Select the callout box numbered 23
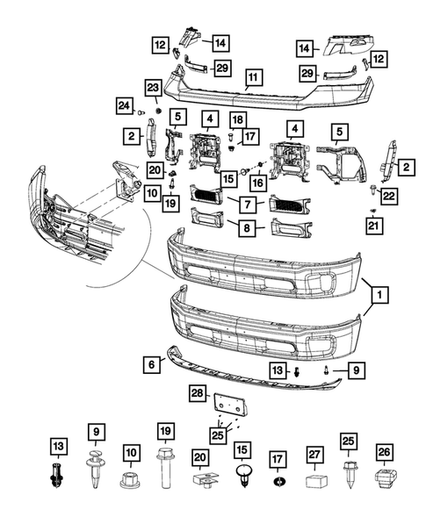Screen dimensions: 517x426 point(152,88)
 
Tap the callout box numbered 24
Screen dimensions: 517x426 point(123,107)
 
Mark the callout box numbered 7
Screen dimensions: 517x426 point(249,204)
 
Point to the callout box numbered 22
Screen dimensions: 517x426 point(388,196)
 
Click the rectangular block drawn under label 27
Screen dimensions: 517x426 point(315,481)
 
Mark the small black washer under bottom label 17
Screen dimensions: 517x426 point(279,483)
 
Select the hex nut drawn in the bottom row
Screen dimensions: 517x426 point(129,481)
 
